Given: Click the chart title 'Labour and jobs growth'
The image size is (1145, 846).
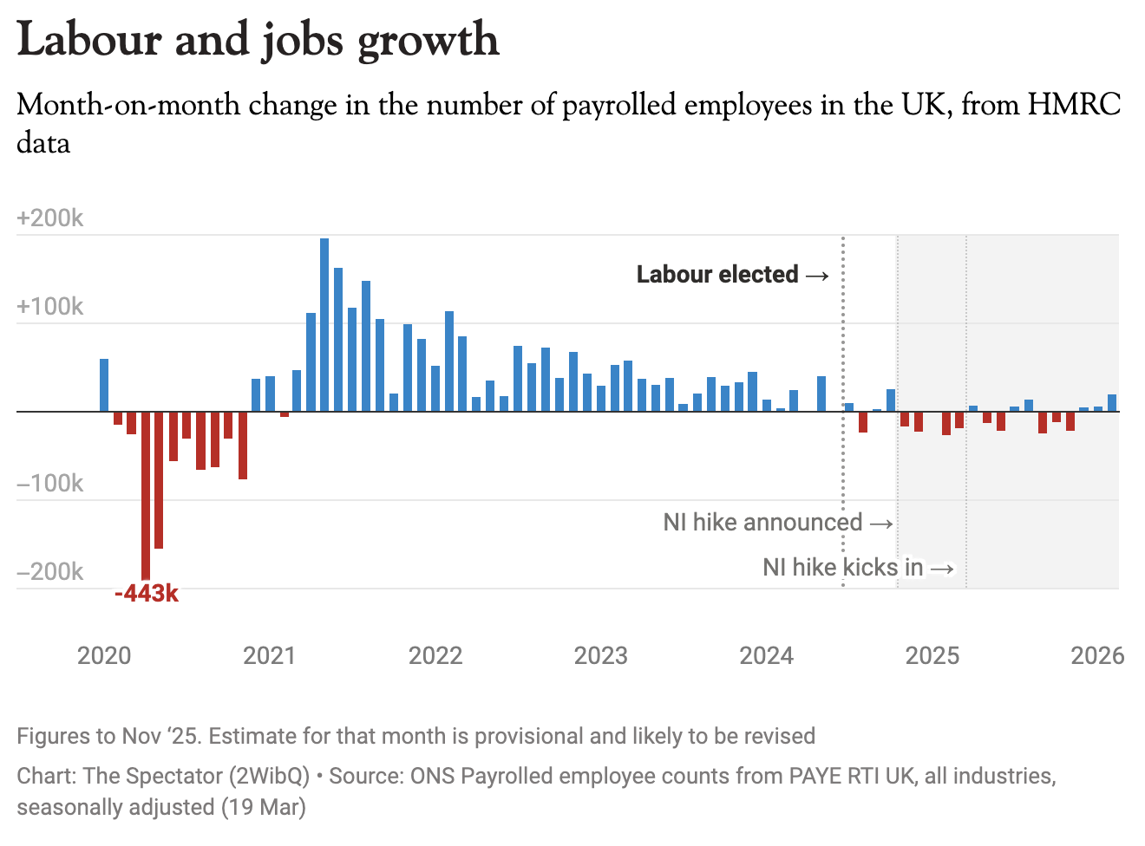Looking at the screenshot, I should (258, 40).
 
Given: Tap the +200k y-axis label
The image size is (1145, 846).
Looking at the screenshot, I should (49, 218).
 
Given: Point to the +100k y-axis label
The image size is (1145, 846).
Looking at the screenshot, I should (49, 306).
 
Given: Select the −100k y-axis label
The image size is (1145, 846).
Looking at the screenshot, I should (49, 483).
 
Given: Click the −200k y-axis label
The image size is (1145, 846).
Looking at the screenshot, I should (49, 571).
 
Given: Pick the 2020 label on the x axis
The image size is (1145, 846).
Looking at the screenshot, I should (104, 655).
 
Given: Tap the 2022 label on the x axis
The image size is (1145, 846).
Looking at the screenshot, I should (435, 655).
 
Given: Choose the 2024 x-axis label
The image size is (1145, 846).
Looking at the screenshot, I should (767, 655).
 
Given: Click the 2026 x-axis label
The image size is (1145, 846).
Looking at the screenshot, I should (1097, 655).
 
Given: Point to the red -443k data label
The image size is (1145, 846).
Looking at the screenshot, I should (147, 594).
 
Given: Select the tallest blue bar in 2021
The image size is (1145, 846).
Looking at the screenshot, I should (324, 324).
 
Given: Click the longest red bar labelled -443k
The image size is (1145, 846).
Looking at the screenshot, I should (146, 495).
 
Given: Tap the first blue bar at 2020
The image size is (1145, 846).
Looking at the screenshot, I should (104, 385).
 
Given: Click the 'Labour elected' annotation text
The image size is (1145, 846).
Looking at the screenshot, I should (717, 275).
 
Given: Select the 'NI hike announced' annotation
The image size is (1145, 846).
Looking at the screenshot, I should (762, 522).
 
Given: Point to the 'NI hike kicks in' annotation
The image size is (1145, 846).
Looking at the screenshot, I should (842, 567).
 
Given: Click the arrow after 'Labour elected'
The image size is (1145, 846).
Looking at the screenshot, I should (817, 276).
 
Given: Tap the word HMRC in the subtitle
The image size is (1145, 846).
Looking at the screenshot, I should (1075, 105).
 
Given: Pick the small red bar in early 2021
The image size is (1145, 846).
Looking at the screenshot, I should (285, 414).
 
